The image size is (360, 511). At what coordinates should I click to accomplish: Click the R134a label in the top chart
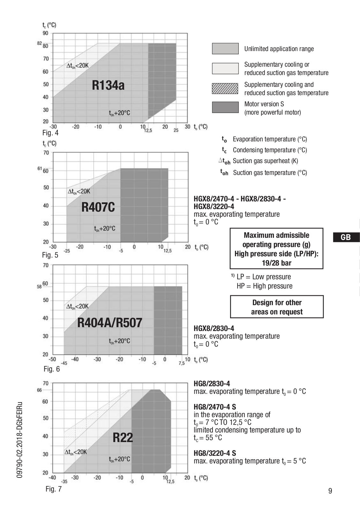tap(108, 85)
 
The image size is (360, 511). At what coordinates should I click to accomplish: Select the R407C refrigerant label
tap(98, 207)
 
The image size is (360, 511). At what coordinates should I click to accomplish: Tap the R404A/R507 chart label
tap(109, 323)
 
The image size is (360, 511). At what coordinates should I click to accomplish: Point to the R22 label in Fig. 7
tap(123, 438)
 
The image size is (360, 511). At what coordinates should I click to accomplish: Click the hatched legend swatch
tap(225, 88)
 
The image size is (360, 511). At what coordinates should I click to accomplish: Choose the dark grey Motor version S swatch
tap(225, 107)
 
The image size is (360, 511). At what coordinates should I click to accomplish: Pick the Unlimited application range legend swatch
tap(225, 49)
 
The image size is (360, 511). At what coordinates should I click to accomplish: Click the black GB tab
tap(346, 237)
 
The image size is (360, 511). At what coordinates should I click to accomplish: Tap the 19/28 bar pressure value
tap(276, 263)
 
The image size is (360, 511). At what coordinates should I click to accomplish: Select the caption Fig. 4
tap(50, 133)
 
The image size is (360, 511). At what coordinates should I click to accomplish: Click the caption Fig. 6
tap(52, 369)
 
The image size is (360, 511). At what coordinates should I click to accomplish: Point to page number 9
tap(330, 491)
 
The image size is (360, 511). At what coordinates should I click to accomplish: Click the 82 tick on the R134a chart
tap(40, 43)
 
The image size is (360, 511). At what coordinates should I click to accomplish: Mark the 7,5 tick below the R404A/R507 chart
tap(182, 363)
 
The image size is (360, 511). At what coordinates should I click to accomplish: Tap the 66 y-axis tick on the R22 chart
tap(40, 390)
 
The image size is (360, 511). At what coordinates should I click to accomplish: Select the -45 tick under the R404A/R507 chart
tap(64, 363)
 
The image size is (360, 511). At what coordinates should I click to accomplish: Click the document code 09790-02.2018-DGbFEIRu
tap(20, 440)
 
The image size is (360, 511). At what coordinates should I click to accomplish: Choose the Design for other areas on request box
tap(277, 307)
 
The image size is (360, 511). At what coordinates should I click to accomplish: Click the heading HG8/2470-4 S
tap(215, 407)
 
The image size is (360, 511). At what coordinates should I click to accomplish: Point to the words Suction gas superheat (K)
tap(265, 161)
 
